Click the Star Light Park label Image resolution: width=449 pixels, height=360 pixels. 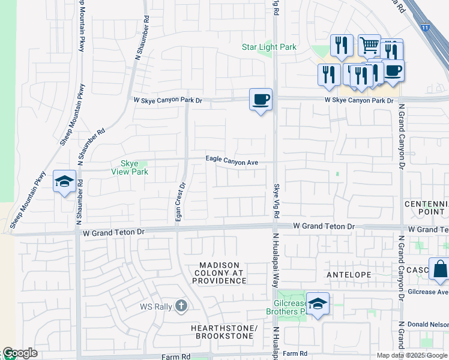[x=269, y=47]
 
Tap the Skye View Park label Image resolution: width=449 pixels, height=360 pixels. [x=130, y=167]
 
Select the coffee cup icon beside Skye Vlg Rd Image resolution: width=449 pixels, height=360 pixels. [x=261, y=100]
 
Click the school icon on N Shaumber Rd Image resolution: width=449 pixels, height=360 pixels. [x=64, y=182]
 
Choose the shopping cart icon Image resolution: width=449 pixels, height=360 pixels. [x=369, y=45]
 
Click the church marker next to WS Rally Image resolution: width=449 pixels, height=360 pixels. [x=181, y=307]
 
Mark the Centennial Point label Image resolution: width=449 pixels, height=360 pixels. [x=426, y=208]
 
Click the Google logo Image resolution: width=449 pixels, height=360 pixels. [x=20, y=353]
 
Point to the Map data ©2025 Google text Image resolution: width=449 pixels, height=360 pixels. [x=412, y=355]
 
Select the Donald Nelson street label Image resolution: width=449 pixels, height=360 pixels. [x=427, y=323]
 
